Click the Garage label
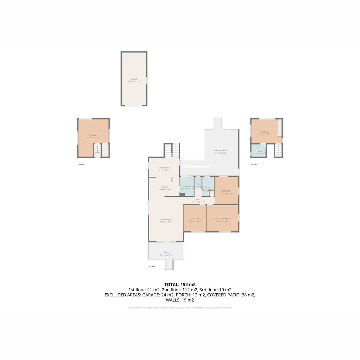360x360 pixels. [134, 79]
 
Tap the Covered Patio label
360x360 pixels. [220, 151]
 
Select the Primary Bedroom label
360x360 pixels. [222, 218]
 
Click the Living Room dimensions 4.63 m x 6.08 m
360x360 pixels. [166, 222]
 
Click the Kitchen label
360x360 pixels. [165, 187]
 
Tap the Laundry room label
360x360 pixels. [187, 186]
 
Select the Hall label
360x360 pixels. [198, 199]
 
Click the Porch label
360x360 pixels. [166, 253]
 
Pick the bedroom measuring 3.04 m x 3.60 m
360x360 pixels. [194, 220]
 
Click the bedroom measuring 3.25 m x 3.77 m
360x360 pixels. [226, 192]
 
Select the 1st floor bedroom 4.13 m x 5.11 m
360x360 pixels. [93, 136]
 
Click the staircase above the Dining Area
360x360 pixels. [172, 150]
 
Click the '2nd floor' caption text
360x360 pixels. [152, 266]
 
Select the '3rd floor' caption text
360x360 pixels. [254, 164]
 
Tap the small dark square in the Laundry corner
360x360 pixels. [182, 194]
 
